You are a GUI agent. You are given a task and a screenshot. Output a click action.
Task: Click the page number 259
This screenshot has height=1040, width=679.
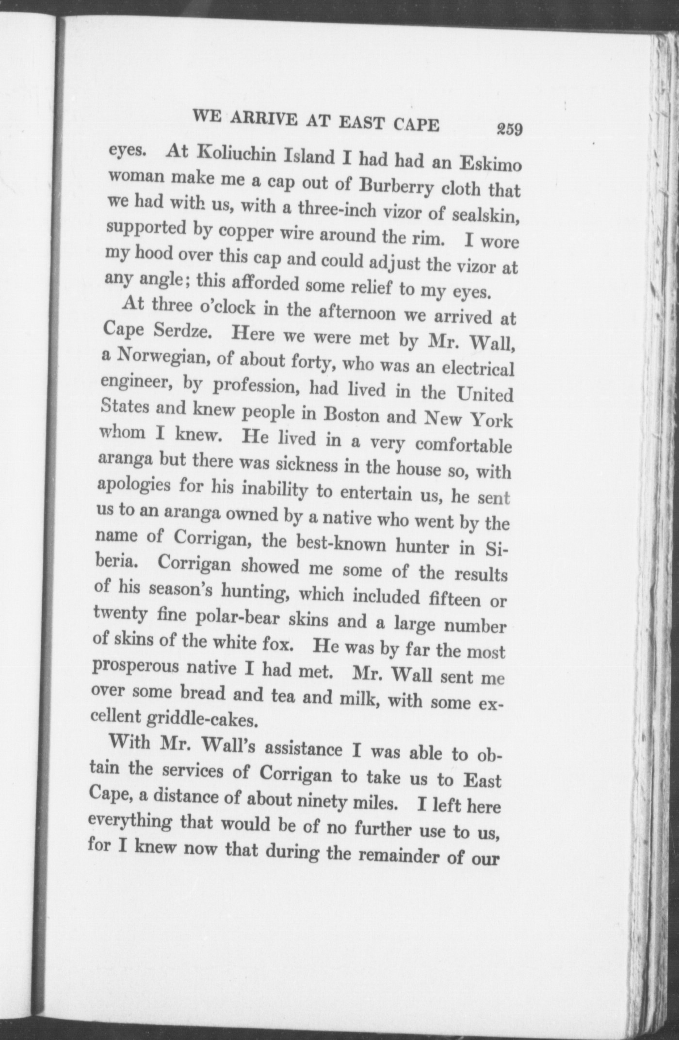point(508,130)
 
